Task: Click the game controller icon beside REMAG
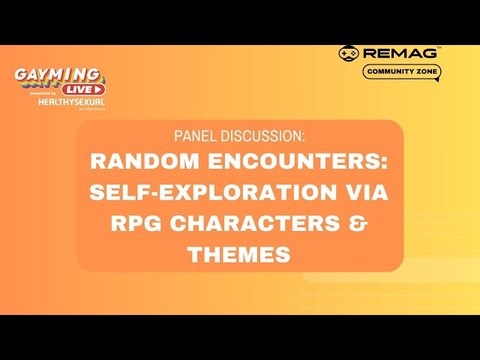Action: coord(350,53)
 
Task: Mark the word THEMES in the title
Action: coord(239,255)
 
